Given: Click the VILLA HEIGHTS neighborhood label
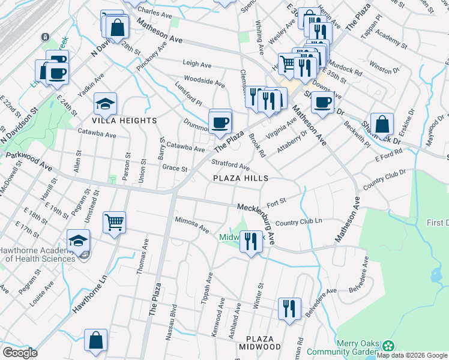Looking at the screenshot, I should tap(125, 121).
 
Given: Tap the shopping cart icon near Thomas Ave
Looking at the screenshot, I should tap(114, 223).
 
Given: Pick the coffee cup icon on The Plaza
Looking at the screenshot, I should tap(220, 122).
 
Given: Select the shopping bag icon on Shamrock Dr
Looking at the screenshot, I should tap(382, 125).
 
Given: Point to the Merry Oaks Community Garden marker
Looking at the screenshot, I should tap(389, 346).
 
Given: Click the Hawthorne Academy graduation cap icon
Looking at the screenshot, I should tap(78, 241).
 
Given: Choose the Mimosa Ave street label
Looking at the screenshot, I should tap(191, 224).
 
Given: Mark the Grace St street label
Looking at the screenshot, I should tap(175, 169).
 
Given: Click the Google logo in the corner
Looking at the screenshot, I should tap(20, 353).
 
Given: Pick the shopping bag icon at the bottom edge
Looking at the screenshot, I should tap(95, 340).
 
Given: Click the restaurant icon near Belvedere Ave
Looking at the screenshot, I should tap(289, 309).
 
